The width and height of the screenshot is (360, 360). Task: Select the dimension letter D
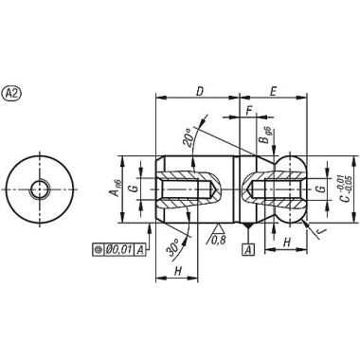[x=199, y=91]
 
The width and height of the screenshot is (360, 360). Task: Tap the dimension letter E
[x=273, y=91]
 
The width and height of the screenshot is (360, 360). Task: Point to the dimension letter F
[x=248, y=112]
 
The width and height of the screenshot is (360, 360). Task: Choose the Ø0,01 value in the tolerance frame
[x=121, y=249]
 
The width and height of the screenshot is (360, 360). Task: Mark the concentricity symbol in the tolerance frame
[x=99, y=249]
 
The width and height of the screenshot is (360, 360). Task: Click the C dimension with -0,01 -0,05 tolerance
[x=347, y=189]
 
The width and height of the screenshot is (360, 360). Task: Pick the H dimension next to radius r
[x=286, y=243]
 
